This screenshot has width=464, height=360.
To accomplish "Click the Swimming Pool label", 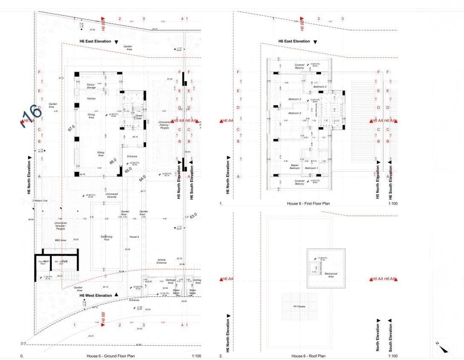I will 107,237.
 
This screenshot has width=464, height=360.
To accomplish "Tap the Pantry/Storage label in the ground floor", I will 90,86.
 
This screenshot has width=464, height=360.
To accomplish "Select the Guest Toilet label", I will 138,117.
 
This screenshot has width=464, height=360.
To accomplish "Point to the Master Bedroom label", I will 295,166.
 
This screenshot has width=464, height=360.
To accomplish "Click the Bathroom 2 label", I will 320,87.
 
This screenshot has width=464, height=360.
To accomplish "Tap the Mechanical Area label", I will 331,275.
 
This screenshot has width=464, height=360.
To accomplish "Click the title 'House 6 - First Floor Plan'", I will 308,204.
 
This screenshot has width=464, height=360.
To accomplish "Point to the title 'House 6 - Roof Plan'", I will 308,356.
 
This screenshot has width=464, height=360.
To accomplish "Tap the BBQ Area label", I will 61,240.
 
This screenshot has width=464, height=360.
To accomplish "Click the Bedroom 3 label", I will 295,99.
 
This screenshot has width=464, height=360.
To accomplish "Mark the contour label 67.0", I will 72,127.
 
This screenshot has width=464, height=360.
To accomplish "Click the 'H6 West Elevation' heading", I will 96,295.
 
